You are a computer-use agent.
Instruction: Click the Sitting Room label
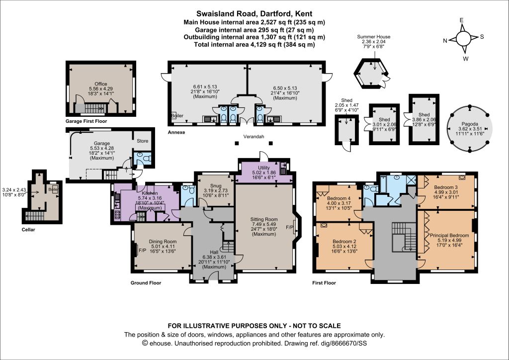[264, 219]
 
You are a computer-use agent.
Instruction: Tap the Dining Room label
[163, 242]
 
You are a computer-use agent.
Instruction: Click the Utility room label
[264, 168]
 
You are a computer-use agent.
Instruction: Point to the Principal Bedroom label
[449, 235]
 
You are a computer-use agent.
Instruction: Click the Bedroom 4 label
[339, 198]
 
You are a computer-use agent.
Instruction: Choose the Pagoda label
[469, 124]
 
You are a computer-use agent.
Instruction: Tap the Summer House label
[374, 37]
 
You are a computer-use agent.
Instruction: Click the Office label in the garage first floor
[100, 84]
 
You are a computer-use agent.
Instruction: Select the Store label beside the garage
[143, 141]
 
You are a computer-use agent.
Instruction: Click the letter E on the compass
[461, 20]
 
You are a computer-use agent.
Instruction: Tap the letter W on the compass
[465, 59]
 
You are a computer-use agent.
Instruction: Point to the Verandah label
[254, 137]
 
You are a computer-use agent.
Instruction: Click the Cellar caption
[28, 230]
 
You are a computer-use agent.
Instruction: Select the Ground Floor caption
[146, 283]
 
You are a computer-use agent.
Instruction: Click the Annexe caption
[176, 132]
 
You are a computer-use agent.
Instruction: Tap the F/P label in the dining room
[142, 251]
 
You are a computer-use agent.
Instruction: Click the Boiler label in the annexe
[177, 115]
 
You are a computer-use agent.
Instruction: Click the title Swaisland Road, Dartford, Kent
[254, 13]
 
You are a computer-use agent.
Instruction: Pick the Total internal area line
[254, 44]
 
